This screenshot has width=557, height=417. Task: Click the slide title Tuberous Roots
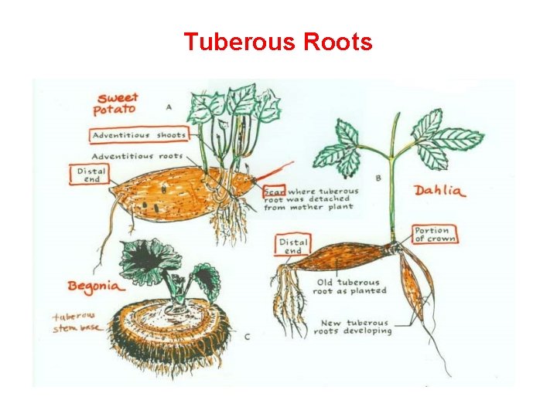pyautogui.click(x=278, y=42)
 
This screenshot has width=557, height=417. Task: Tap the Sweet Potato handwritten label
pyautogui.click(x=116, y=103)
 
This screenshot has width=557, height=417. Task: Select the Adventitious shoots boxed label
pyautogui.click(x=139, y=135)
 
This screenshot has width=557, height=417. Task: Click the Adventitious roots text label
pyautogui.click(x=138, y=155)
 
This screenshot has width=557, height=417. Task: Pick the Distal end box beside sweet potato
pyautogui.click(x=91, y=175)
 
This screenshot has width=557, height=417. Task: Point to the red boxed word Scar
pyautogui.click(x=274, y=190)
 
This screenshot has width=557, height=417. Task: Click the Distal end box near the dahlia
pyautogui.click(x=292, y=246)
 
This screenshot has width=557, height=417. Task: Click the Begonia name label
pyautogui.click(x=94, y=286)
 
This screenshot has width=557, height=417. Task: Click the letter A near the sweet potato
pyautogui.click(x=169, y=106)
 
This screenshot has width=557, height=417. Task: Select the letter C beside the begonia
pyautogui.click(x=247, y=337)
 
